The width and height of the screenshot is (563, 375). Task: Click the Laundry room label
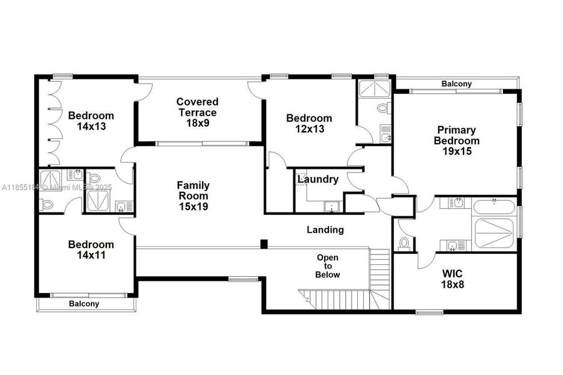tap(318, 180)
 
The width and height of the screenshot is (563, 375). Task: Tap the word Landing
tap(325, 230)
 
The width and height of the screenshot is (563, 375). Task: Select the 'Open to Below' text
tap(328, 266)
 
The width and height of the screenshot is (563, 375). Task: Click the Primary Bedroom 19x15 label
tap(456, 141)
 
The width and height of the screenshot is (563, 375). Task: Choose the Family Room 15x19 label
tap(193, 196)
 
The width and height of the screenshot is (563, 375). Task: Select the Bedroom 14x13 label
tap(91, 121)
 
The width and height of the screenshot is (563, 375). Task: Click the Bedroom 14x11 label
tap(91, 249)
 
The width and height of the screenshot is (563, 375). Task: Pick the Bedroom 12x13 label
tap(309, 123)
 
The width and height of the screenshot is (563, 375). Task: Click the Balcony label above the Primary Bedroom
tap(457, 84)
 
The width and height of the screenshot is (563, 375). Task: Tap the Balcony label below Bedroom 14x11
tap(84, 304)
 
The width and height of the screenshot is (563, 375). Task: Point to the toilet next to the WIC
tap(403, 242)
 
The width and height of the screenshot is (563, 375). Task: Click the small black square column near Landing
tap(264, 244)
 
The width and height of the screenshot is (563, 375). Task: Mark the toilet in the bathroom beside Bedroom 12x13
tap(383, 109)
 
